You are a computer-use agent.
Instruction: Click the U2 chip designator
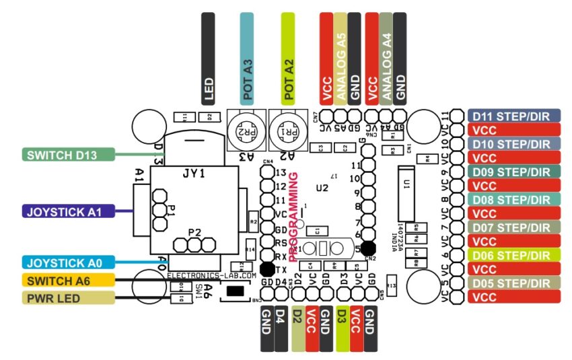(x=323, y=188)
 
